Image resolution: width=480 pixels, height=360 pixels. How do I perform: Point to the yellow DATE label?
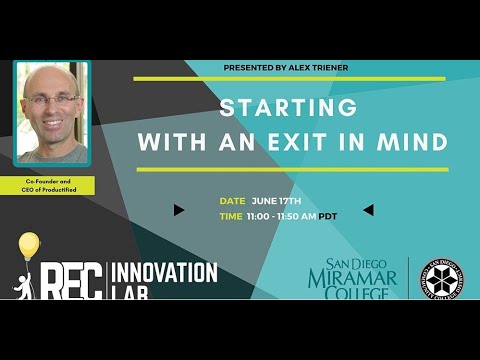point(232,201)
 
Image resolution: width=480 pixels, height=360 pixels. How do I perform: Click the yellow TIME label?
point(231,215)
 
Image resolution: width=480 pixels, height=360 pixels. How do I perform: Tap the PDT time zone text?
point(328,215)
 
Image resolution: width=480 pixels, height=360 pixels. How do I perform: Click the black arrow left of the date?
point(178,210)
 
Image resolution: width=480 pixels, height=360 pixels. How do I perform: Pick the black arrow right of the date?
point(367,210)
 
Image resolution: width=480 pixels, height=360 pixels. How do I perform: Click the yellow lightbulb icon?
point(29,245)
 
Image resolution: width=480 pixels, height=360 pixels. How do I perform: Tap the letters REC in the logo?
point(71,279)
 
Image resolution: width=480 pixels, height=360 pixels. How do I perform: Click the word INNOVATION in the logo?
point(164,271)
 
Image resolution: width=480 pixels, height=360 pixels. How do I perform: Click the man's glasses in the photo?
point(52,99)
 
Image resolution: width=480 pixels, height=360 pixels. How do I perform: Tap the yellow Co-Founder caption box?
point(54,186)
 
